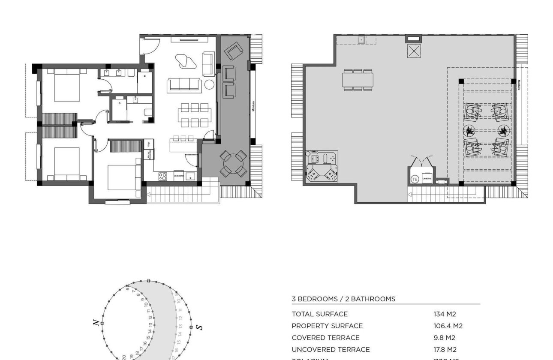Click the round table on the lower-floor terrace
[233, 163]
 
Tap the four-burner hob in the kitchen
[163, 176]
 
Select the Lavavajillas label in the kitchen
[179, 175]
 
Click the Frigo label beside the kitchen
[149, 144]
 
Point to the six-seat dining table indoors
[194, 115]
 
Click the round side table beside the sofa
[209, 84]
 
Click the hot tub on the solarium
[322, 166]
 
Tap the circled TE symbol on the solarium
[415, 179]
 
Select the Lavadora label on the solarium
[426, 178]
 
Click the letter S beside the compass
[198, 327]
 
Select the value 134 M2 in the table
[444, 314]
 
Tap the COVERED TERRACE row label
[325, 338]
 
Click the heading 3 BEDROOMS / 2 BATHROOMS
[343, 299]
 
